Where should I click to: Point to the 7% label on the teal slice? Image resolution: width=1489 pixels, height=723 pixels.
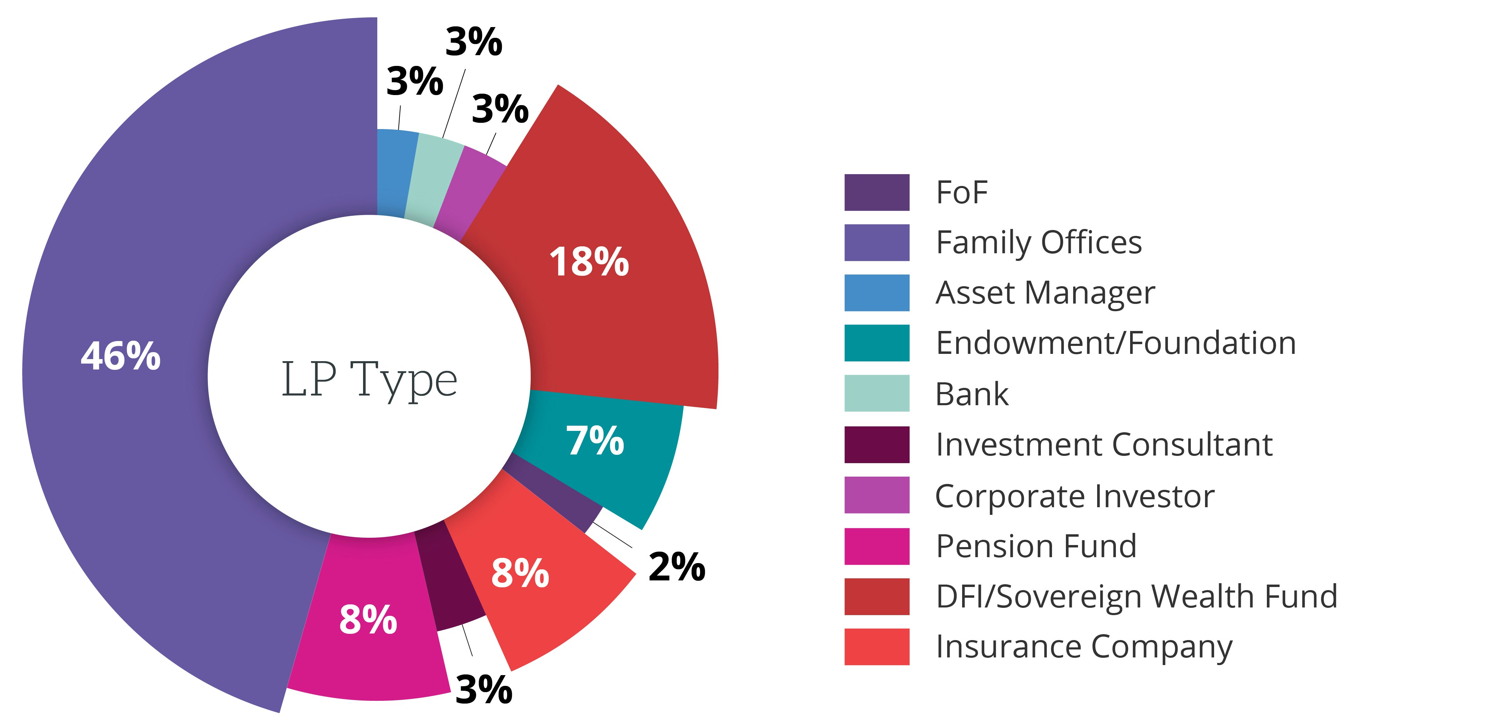(x=595, y=441)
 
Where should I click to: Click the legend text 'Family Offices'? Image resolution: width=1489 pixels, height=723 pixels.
(x=1038, y=243)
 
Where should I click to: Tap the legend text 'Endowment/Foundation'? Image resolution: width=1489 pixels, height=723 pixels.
(x=1115, y=343)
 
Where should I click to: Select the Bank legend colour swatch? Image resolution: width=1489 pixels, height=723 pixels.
(x=876, y=393)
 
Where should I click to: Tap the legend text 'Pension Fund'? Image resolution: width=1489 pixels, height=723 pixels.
(x=1036, y=546)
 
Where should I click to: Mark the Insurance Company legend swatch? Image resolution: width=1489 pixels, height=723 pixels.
(x=876, y=647)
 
